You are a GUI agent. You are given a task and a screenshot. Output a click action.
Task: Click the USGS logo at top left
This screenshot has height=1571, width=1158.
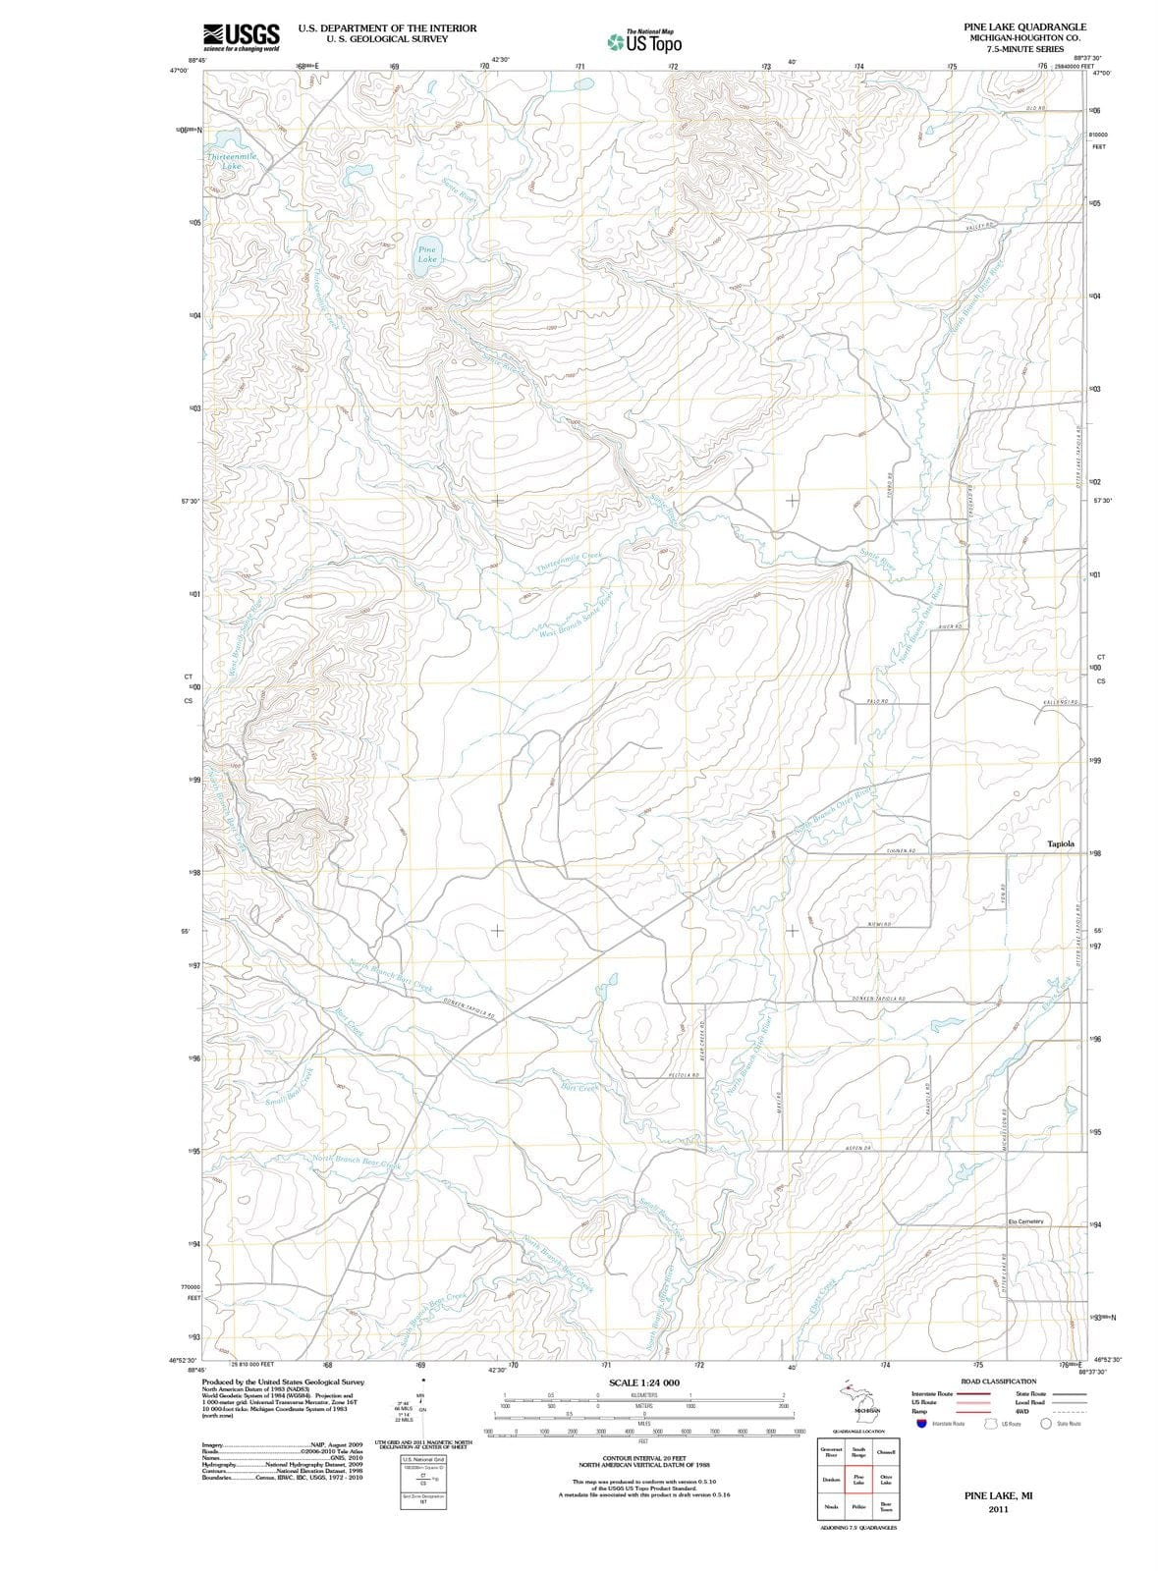click(x=242, y=36)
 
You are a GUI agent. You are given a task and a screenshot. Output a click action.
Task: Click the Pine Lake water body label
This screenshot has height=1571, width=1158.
click(x=427, y=254)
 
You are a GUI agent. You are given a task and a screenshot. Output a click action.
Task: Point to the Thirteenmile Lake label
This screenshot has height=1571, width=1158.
click(x=232, y=161)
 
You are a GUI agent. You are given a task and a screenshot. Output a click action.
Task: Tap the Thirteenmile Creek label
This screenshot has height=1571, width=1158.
click(x=570, y=562)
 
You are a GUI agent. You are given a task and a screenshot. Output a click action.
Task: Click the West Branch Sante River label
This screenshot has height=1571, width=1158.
click(x=576, y=616)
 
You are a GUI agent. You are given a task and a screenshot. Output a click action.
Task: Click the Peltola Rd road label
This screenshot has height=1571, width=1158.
click(x=683, y=1076)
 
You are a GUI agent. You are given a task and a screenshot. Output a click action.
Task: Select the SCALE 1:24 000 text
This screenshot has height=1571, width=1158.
click(x=644, y=1382)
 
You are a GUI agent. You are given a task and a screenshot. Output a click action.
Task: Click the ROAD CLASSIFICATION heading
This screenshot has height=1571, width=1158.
click(x=998, y=1381)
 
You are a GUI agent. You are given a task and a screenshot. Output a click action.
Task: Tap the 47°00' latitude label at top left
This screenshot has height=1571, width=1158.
click(x=179, y=72)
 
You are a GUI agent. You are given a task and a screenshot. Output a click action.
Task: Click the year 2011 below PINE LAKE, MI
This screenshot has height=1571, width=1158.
click(x=998, y=1508)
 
